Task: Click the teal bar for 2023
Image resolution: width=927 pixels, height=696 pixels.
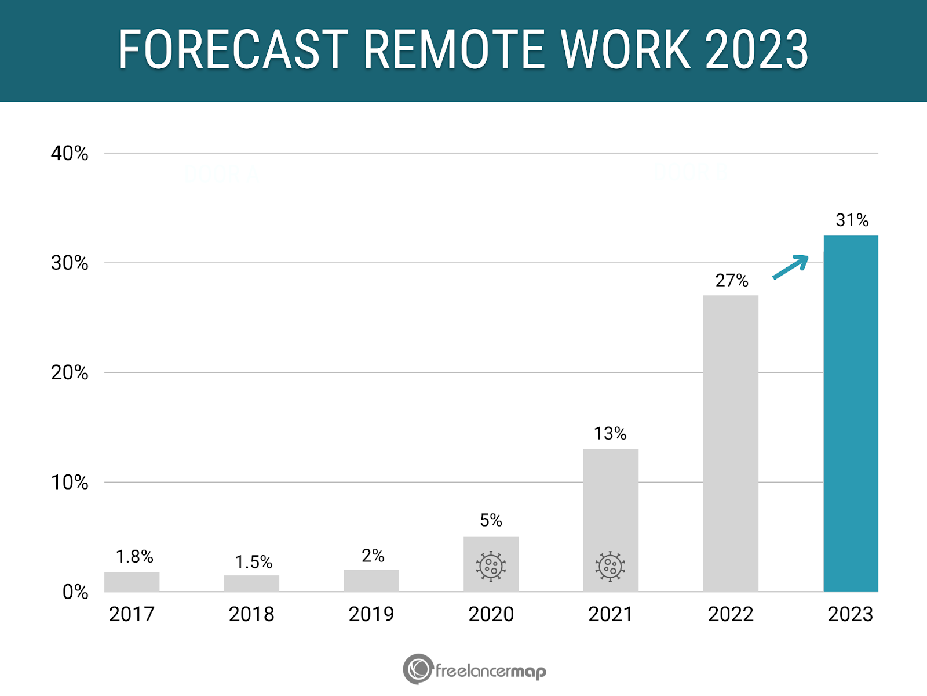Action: pos(851,414)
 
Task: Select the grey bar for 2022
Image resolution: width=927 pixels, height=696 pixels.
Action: pos(731,444)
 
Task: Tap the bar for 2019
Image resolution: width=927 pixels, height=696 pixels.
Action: pos(371,581)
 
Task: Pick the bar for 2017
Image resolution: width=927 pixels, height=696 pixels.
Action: pos(132,582)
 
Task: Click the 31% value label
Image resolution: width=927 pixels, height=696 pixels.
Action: pos(852,220)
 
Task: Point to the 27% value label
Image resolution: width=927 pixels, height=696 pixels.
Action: pos(731,281)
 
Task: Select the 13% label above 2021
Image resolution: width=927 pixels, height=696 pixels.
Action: pos(610,434)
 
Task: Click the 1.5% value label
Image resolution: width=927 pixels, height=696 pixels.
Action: pos(253,562)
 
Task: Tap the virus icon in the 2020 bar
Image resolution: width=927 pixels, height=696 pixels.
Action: pos(491,566)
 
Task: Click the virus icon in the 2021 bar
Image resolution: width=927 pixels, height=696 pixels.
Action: pos(610,566)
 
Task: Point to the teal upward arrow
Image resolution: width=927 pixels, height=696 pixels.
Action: pos(791,267)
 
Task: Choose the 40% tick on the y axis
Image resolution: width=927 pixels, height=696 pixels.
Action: pos(70,154)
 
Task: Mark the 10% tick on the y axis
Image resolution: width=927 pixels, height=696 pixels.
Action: pos(70,483)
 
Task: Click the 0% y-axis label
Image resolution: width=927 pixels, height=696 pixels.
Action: pos(75,592)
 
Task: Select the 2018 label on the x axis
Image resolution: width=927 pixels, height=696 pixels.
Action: pos(251,614)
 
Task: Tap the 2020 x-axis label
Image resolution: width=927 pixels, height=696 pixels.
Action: pos(491,614)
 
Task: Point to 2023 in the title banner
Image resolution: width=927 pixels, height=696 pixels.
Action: pos(756,50)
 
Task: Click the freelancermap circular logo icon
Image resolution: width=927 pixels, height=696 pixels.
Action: pos(418,669)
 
